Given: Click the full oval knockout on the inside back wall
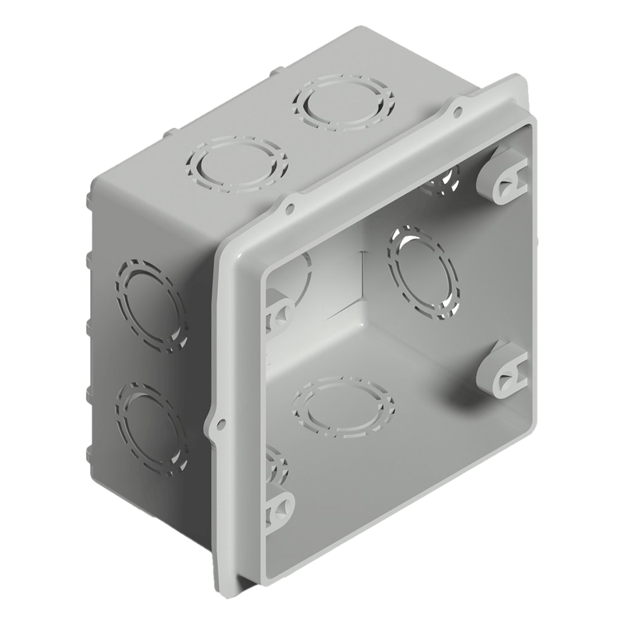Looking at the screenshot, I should [x=423, y=272].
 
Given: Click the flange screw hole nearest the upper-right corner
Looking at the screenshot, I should [x=459, y=110].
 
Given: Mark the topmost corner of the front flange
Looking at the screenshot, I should [x=521, y=77].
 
